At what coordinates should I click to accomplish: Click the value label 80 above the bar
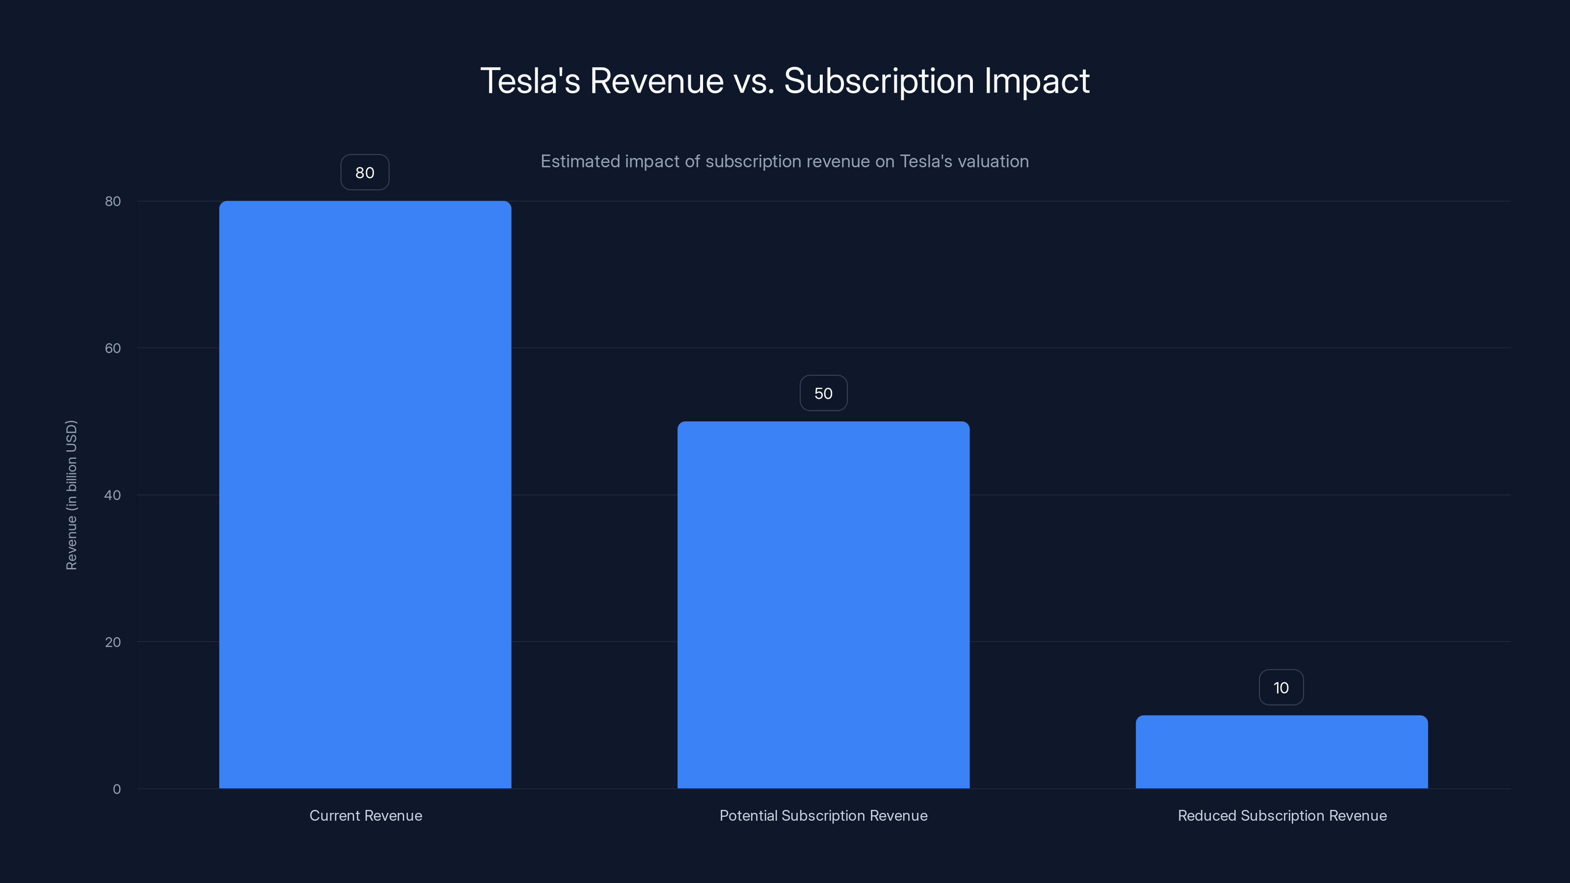pyautogui.click(x=365, y=173)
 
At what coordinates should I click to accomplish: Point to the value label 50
pyautogui.click(x=823, y=393)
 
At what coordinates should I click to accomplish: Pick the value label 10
pyautogui.click(x=1281, y=687)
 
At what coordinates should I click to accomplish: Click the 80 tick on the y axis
pyautogui.click(x=113, y=201)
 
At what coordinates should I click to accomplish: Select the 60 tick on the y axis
pyautogui.click(x=113, y=348)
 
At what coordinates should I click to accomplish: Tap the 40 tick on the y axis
pyautogui.click(x=113, y=495)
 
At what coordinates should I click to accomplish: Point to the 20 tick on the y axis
pyautogui.click(x=113, y=642)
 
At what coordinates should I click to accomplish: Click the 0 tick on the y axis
pyautogui.click(x=116, y=788)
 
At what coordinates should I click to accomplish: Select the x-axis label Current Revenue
pyautogui.click(x=366, y=815)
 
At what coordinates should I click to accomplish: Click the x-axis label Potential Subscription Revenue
pyautogui.click(x=823, y=815)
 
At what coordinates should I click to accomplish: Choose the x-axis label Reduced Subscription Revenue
pyautogui.click(x=1282, y=815)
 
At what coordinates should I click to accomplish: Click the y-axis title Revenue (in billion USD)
pyautogui.click(x=71, y=495)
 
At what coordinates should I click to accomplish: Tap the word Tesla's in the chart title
pyautogui.click(x=530, y=80)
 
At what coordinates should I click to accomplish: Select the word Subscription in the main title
pyautogui.click(x=879, y=81)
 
